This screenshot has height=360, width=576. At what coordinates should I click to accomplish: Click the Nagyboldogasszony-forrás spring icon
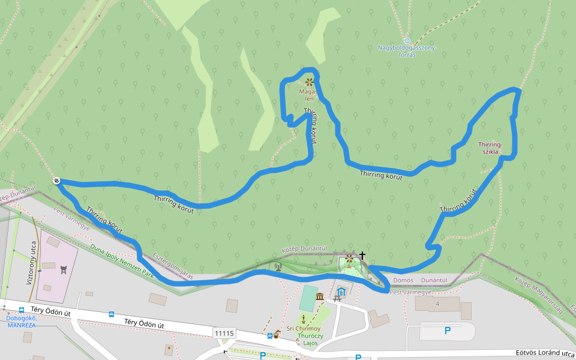click(x=407, y=40)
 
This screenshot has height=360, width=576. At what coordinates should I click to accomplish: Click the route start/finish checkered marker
click(x=56, y=181)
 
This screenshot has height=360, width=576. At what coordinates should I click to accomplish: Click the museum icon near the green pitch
click(x=320, y=296)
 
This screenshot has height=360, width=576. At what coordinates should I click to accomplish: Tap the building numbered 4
click(x=437, y=304)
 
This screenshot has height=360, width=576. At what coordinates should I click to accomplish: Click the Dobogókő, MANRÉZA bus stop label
click(x=21, y=322)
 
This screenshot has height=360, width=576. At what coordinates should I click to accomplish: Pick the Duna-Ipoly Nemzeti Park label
click(x=122, y=259)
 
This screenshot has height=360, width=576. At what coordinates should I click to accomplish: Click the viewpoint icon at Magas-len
click(x=309, y=82)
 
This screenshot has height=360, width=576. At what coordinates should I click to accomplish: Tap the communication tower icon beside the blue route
click(x=278, y=266)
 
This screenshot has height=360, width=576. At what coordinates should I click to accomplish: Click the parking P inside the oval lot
click(x=447, y=331)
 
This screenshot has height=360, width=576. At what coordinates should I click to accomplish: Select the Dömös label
click(x=402, y=280)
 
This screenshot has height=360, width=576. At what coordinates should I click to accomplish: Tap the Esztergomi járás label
click(x=173, y=266)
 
